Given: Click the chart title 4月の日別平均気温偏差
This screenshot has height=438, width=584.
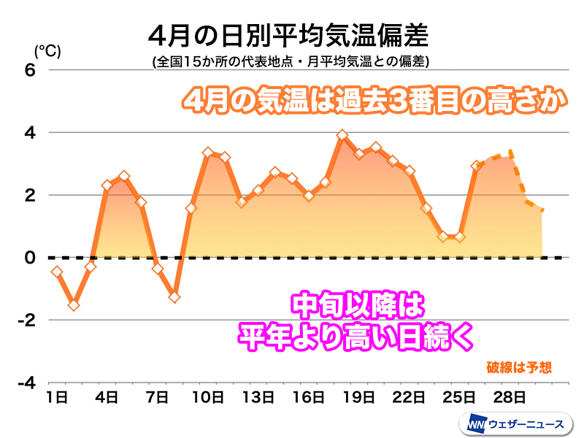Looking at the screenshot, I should (287, 36).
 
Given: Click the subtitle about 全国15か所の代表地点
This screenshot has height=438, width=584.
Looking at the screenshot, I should (290, 62).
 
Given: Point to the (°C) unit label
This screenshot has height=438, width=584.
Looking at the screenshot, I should (47, 50).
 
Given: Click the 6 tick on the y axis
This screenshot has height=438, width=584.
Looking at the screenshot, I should (30, 70).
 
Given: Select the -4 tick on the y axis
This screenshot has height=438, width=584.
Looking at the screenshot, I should (27, 383).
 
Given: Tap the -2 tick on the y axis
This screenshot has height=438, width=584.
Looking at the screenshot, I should (27, 320).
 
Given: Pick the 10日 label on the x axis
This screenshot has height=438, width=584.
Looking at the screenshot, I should (207, 398).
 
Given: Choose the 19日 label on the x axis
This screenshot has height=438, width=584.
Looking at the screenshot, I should (358, 398).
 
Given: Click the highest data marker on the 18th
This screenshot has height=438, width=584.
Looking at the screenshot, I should (342, 135).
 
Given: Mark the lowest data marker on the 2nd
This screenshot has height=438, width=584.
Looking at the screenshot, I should (74, 304).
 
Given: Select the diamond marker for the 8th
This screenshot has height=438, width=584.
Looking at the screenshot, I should (174, 296).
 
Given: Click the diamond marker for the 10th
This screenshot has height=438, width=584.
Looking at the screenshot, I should (208, 153).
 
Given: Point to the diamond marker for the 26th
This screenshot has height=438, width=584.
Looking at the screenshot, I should (476, 166).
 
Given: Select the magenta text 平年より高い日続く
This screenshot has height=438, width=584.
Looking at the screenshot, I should (357, 337).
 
